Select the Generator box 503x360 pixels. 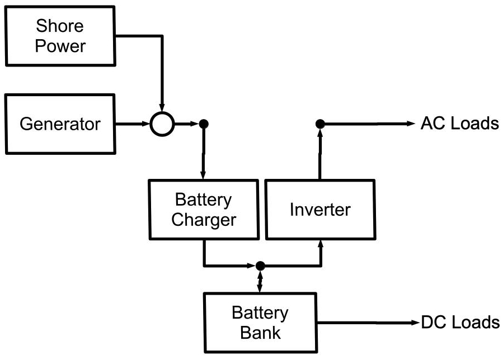click(60, 124)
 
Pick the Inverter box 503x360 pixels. click(319, 210)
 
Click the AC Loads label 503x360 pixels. click(459, 124)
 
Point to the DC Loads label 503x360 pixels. click(459, 323)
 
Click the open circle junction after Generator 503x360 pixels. click(162, 124)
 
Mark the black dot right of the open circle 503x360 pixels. click(204, 124)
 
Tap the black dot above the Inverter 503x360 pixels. click(320, 124)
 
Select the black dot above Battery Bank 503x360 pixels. click(260, 266)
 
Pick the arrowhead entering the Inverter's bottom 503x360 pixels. click(320, 244)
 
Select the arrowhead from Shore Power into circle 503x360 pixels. click(162, 106)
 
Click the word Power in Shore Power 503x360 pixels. click(60, 45)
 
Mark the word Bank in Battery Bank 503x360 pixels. click(260, 333)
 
